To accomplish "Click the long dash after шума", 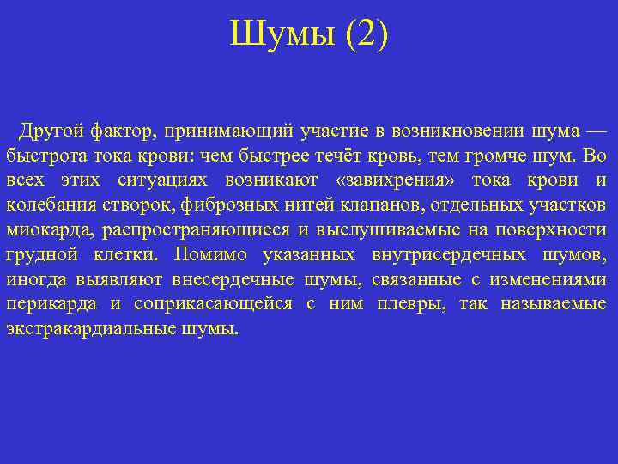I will coord(595,130).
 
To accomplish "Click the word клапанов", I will coord(334,205).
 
